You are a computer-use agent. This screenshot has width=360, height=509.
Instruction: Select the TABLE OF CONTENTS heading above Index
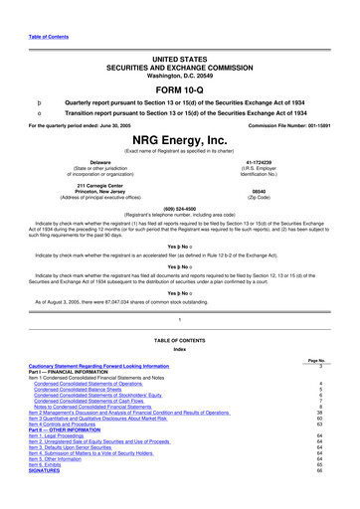(179, 364)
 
